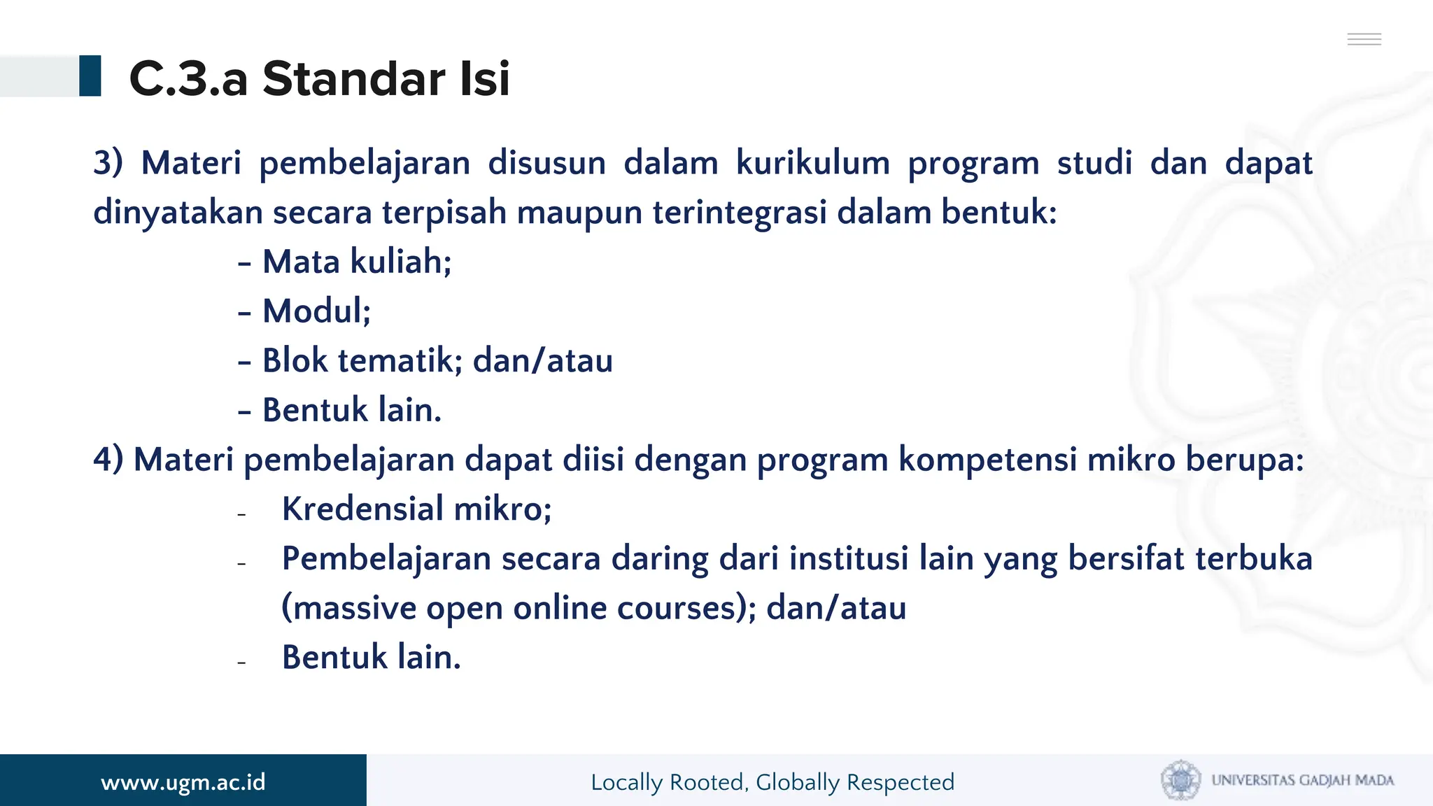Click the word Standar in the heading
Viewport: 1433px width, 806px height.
[353, 78]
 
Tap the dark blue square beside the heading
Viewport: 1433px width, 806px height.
[90, 76]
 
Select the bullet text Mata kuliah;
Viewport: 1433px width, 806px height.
[357, 262]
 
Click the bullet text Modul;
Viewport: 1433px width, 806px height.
[316, 311]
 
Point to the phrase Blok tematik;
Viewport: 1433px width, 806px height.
[362, 361]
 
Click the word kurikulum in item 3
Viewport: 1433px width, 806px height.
[812, 163]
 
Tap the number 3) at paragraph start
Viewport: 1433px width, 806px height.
[108, 163]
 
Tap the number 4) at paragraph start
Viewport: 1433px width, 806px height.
[108, 460]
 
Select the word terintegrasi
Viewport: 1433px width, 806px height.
[740, 213]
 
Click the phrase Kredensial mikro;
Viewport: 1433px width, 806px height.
[416, 509]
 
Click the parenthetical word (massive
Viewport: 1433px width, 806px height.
[348, 608]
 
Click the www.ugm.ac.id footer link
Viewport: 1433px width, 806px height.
[183, 782]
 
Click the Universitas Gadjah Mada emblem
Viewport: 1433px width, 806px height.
[1180, 779]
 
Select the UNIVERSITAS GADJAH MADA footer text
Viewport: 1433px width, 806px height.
[1302, 780]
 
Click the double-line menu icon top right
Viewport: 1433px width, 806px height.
[1364, 39]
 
